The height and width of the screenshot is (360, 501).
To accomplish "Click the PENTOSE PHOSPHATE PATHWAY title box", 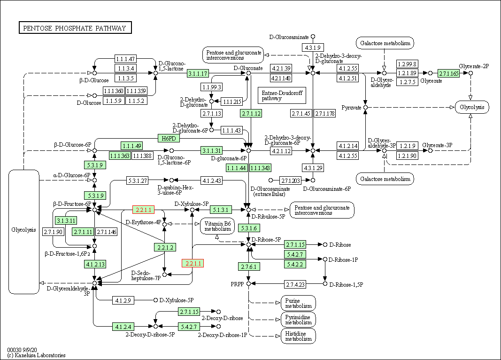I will click(x=75, y=28).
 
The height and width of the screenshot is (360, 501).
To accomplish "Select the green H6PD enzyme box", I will click(x=169, y=138).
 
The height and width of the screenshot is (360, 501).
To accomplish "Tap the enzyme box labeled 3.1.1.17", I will click(x=198, y=73).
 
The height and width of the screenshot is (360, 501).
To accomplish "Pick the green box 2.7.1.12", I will click(x=251, y=113).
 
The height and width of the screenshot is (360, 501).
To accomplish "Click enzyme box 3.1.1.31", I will click(x=212, y=150).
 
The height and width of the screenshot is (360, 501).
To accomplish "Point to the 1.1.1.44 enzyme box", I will click(x=236, y=168).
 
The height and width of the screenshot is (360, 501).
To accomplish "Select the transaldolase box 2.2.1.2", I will click(x=165, y=247).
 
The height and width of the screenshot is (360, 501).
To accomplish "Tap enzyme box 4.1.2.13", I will click(x=95, y=264).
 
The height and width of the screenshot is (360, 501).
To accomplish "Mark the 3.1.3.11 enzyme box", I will click(x=66, y=220).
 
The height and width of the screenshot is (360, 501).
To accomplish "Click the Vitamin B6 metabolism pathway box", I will click(x=217, y=226).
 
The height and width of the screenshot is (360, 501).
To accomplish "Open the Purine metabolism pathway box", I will click(x=298, y=303).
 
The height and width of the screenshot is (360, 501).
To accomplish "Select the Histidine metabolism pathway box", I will click(x=298, y=336).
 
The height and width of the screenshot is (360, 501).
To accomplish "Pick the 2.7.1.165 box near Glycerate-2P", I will click(x=448, y=73).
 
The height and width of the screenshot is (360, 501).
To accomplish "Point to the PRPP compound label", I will click(x=237, y=284).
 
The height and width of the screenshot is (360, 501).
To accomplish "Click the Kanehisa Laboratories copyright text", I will click(x=37, y=355).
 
